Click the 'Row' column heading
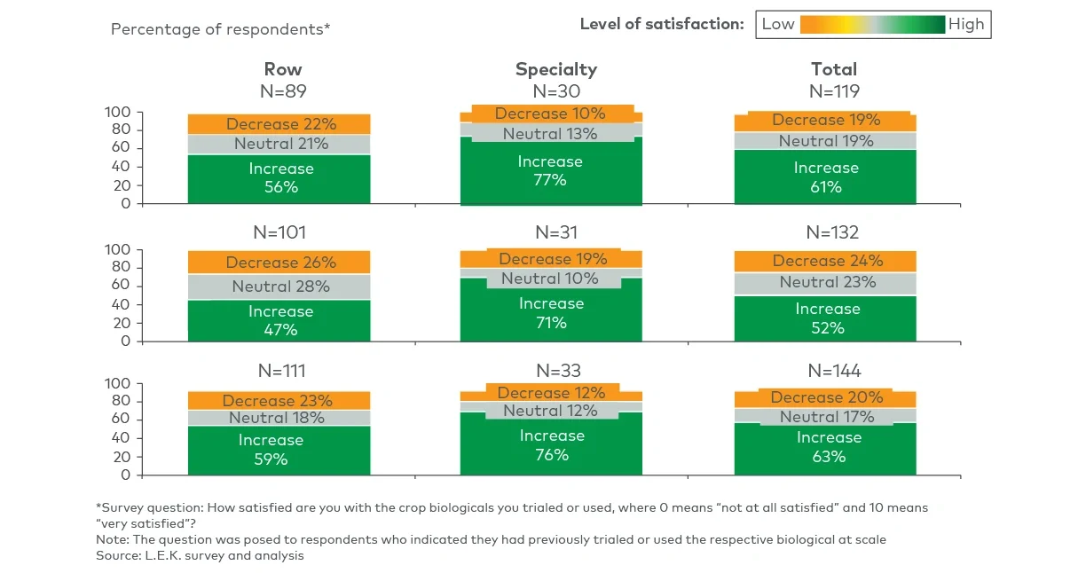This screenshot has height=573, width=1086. click(x=282, y=69)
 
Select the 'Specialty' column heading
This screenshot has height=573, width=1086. click(x=556, y=69)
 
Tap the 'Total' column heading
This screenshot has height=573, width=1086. click(x=833, y=69)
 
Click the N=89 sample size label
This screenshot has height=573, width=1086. click(x=282, y=90)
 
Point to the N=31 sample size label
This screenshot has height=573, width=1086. click(x=556, y=232)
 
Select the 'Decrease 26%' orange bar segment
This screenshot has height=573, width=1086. click(x=280, y=263)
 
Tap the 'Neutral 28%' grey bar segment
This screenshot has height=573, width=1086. click(x=280, y=286)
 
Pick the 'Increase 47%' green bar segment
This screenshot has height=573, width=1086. click(x=280, y=320)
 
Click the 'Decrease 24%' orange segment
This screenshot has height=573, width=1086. click(x=827, y=261)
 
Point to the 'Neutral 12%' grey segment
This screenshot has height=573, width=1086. click(x=550, y=411)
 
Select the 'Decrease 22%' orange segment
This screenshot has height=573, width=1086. click(x=280, y=124)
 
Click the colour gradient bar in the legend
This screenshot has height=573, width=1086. click(x=872, y=25)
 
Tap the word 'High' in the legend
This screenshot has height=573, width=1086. click(x=966, y=25)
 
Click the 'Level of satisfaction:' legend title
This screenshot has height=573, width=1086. click(x=661, y=25)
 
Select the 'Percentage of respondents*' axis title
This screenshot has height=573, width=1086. click(x=220, y=29)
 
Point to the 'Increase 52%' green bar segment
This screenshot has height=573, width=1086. click(x=827, y=318)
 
